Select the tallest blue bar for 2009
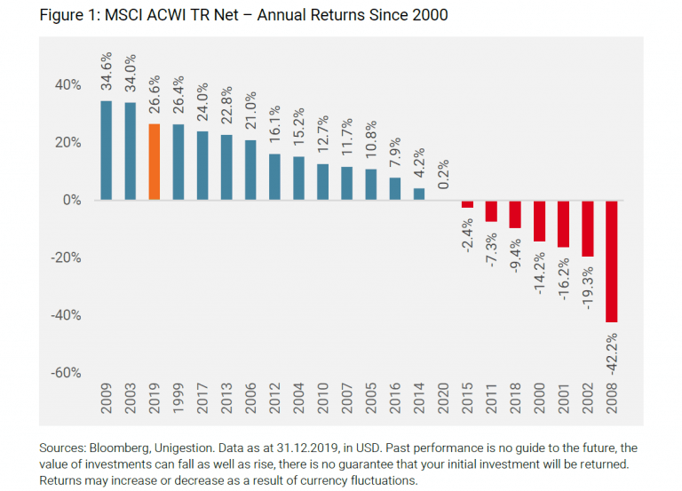(107, 150)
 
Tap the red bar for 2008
(612, 261)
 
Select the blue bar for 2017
(202, 166)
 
